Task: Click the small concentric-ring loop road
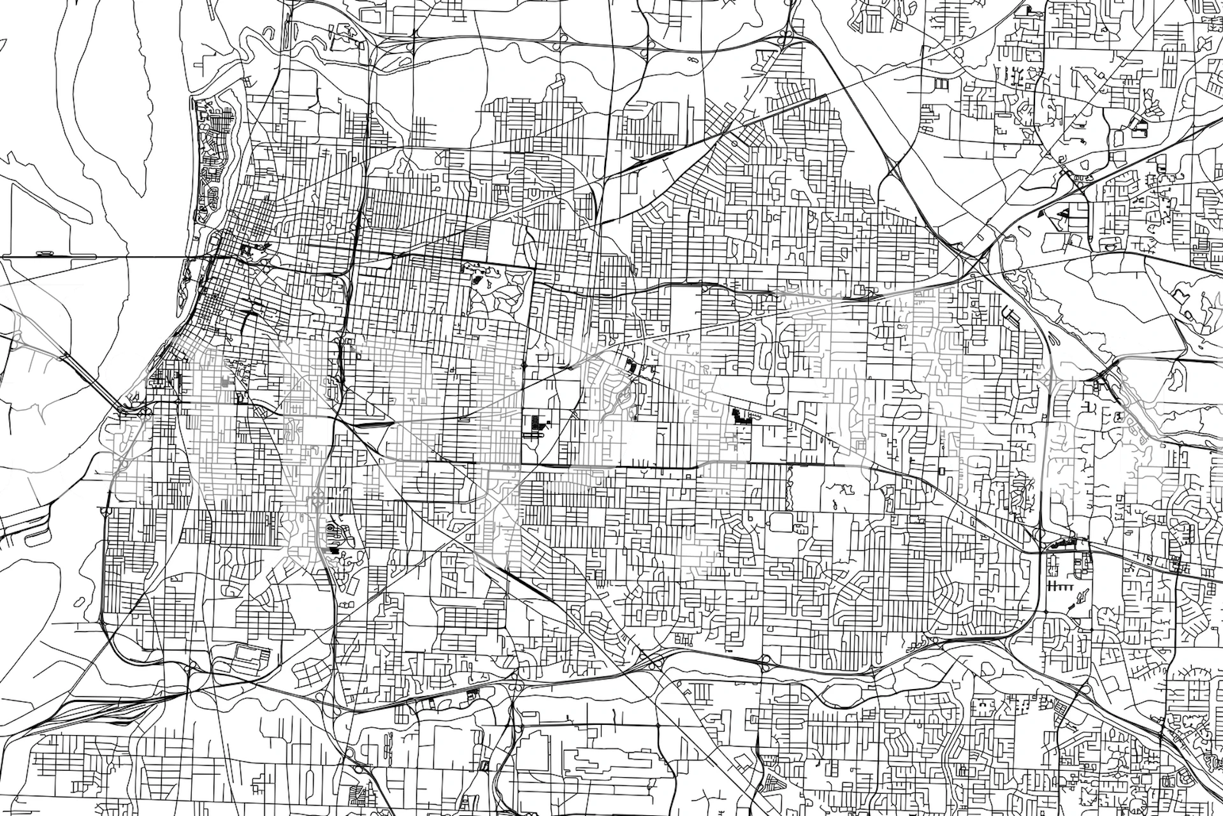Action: (x=330, y=528)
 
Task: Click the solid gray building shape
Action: (x=226, y=382)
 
